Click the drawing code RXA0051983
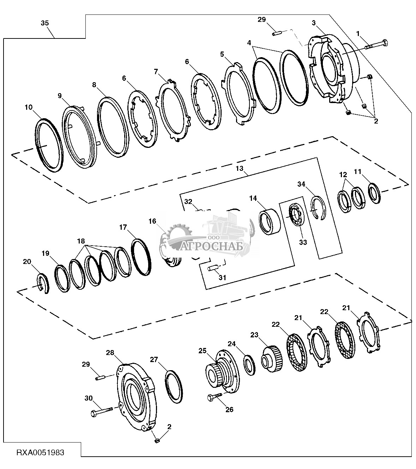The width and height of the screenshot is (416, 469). click(x=40, y=452)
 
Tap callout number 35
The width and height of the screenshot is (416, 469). click(x=45, y=23)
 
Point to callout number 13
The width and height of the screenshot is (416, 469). click(x=240, y=169)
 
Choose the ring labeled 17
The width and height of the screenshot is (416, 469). click(x=142, y=257)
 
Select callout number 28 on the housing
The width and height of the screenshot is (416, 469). click(x=110, y=353)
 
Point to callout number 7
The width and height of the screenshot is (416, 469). click(x=156, y=71)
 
